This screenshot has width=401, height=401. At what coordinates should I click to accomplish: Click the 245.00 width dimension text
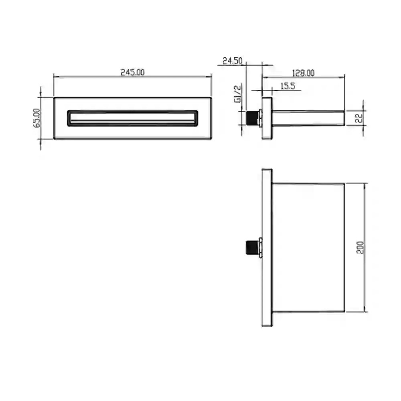(132, 72)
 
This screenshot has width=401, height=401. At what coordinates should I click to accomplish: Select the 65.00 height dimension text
(37, 118)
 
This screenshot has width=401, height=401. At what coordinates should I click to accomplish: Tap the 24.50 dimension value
(232, 61)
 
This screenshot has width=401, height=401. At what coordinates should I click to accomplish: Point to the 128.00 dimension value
(303, 73)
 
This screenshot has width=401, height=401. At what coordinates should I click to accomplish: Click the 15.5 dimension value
(288, 86)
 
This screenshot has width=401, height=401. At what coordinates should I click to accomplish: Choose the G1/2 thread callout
(238, 94)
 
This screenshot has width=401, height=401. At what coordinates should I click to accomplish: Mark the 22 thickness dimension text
(359, 118)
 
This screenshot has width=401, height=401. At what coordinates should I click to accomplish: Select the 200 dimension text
(360, 247)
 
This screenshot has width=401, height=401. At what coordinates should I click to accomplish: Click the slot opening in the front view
(132, 118)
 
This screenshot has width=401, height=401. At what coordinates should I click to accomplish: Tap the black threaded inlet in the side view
(252, 118)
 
